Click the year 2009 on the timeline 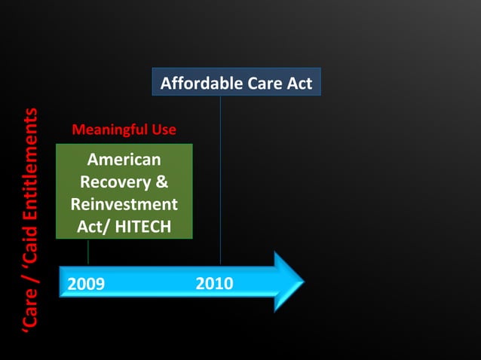pos(86,284)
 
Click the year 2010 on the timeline pos(214,284)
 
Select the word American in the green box pos(124,160)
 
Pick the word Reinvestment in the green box pos(124,204)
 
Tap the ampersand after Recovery pos(161,182)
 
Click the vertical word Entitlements pos(29,161)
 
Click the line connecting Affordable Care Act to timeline pos(220,181)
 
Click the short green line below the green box pos(89,252)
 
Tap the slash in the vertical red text pos(29,277)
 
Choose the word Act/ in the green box pos(93,226)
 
